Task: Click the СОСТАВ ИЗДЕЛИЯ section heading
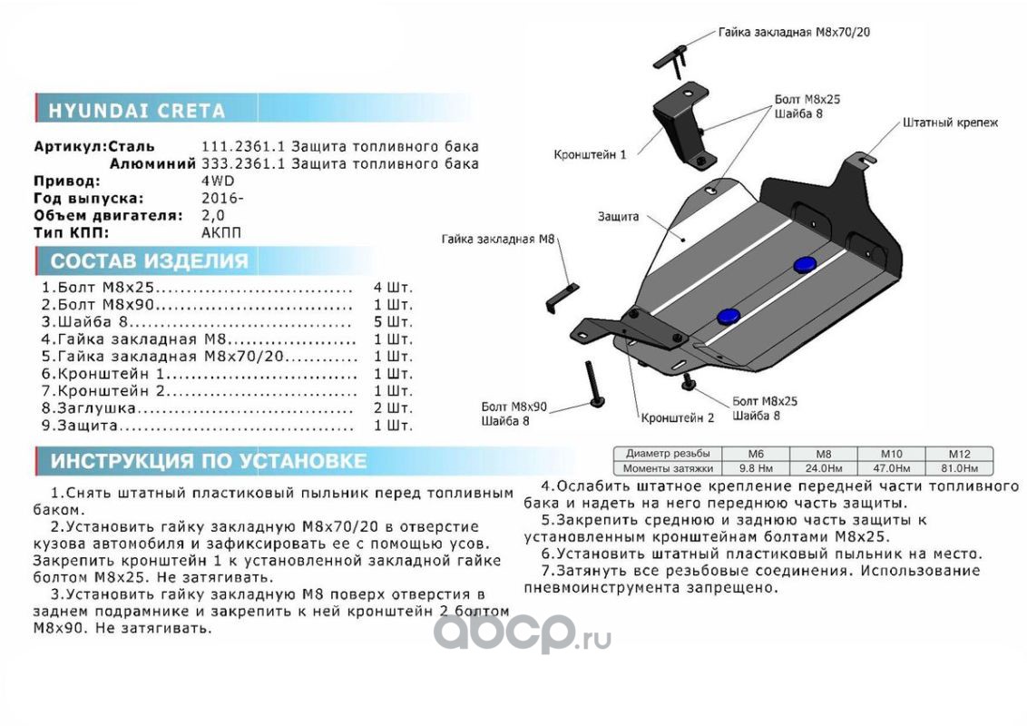[149, 262]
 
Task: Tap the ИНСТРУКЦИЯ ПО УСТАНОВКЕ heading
[208, 461]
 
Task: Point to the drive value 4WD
[217, 181]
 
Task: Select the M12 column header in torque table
[959, 454]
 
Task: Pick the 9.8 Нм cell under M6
[755, 468]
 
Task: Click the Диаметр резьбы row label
[668, 454]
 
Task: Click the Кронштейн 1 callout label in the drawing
[590, 155]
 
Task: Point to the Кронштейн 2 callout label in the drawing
[678, 418]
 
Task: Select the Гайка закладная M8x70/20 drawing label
[794, 32]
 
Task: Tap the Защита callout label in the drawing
[618, 217]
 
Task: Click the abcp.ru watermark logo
[521, 633]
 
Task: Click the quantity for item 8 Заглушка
[392, 407]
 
